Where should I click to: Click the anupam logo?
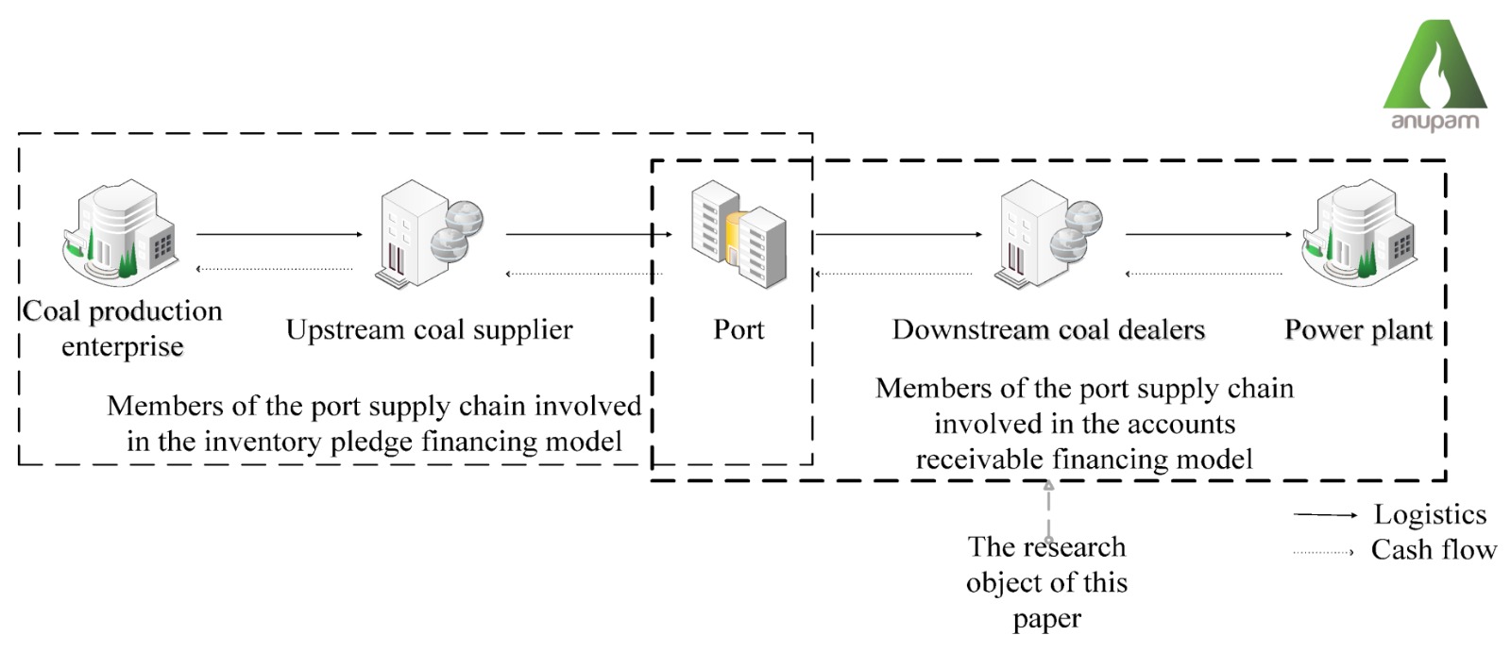pos(1435,75)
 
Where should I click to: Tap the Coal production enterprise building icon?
pos(120,233)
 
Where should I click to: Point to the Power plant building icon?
pos(1359,233)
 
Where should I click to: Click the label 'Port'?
pos(739,329)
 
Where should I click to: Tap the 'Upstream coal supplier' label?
pos(430,329)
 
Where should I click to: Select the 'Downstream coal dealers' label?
pos(1048,329)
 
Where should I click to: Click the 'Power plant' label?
pos(1358,329)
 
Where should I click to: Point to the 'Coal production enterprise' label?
pos(123,328)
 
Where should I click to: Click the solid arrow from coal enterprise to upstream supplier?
pos(279,234)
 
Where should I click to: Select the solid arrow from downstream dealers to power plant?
pos(1208,234)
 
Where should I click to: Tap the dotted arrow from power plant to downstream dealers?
pos(1204,275)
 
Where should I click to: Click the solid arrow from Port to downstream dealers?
pos(898,234)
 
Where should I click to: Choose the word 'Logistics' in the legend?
pos(1430,514)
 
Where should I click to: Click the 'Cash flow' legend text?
pos(1434,549)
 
